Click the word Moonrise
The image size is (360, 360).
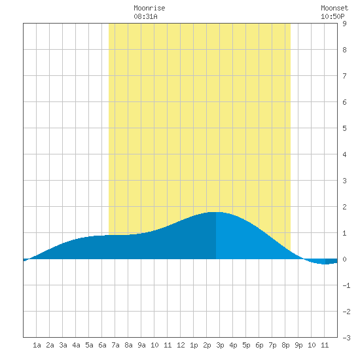click(149, 8)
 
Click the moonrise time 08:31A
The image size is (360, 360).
click(145, 16)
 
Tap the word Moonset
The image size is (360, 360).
click(334, 8)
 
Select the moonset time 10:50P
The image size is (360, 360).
click(333, 16)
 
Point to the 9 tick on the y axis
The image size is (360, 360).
click(344, 24)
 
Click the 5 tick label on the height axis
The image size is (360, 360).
click(344, 128)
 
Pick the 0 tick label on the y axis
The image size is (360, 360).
click(344, 259)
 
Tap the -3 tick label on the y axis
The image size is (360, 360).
click(346, 338)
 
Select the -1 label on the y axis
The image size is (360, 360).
click(346, 285)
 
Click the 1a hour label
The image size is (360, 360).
click(37, 345)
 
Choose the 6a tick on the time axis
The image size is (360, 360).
click(102, 345)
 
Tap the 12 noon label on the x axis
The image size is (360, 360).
click(181, 345)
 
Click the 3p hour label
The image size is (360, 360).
click(220, 345)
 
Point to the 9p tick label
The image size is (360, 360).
click(298, 345)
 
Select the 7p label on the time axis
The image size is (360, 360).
click(272, 345)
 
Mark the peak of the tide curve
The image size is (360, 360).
click(216, 212)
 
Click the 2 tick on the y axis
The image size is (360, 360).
click(344, 207)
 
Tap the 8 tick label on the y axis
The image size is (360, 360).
click(344, 50)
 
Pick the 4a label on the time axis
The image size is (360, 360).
click(76, 345)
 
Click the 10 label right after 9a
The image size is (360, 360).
click(154, 345)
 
